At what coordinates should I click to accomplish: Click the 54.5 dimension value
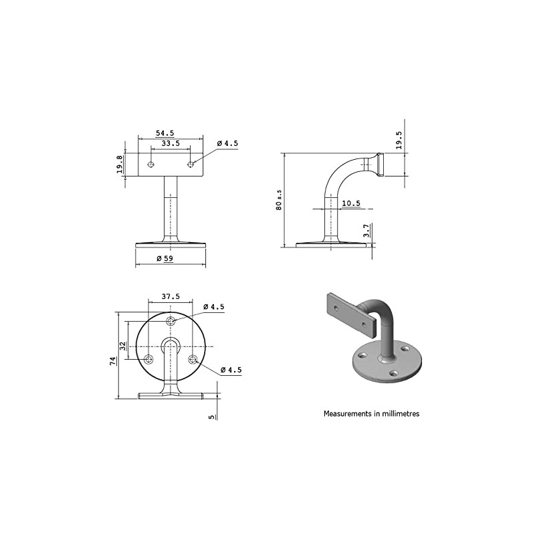tap(165, 133)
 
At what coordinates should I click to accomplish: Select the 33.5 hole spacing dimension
tap(170, 143)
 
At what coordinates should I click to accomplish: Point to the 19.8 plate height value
tap(120, 165)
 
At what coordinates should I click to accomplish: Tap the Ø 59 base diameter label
tap(165, 258)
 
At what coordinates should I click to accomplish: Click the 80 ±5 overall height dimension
tap(279, 200)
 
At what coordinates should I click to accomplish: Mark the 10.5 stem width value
tap(351, 203)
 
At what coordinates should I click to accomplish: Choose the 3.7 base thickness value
tap(366, 231)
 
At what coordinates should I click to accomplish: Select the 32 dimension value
tap(122, 346)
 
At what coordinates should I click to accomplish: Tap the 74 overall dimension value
tap(113, 361)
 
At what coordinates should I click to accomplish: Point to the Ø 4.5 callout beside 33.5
tap(227, 143)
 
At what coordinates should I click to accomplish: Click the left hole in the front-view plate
tap(152, 165)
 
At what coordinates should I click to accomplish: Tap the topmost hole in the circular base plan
tap(172, 322)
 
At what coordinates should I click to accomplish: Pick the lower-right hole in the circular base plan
tap(193, 360)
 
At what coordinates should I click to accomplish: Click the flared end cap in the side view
tap(380, 165)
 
